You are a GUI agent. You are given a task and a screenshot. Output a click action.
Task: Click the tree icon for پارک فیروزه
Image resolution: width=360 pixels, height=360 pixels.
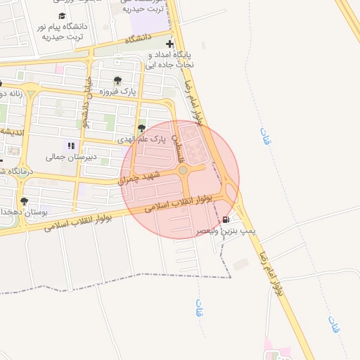pos(117,80)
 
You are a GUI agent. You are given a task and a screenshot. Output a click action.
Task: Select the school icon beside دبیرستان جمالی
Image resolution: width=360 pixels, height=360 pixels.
pos(70,146)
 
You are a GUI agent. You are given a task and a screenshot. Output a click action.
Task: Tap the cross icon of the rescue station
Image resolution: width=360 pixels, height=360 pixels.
pos(169,44)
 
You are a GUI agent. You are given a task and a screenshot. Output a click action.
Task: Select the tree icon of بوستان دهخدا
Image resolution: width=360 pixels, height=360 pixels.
pos(25,201)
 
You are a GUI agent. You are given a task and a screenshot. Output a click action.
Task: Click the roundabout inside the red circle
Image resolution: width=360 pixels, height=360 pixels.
pos(183,170)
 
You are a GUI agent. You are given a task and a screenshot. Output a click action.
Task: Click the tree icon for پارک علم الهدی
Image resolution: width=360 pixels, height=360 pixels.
pos(142,128)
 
